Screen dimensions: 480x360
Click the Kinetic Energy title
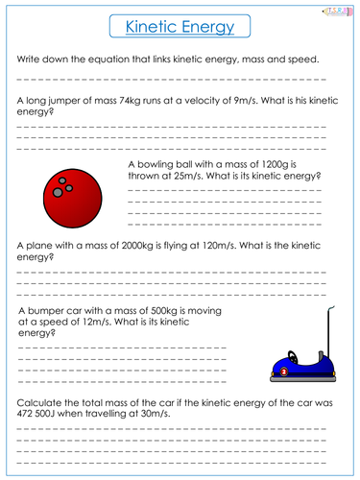[180, 30]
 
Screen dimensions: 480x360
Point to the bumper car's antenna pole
[332, 331]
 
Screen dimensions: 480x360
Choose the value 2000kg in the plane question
[129, 246]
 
